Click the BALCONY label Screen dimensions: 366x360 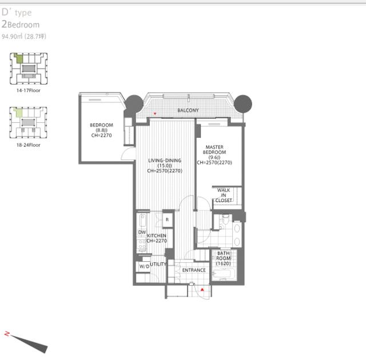[188, 110]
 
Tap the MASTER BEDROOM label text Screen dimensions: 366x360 [214, 150]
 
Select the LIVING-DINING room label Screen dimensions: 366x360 [165, 161]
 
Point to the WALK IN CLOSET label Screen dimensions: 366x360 [224, 195]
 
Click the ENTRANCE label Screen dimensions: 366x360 [194, 270]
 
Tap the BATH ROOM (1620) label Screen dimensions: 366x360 [224, 258]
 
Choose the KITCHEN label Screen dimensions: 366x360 [157, 235]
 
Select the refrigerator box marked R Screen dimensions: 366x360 [168, 219]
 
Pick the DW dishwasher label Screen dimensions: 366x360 [142, 232]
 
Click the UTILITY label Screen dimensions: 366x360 [158, 264]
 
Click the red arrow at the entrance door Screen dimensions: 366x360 [202, 290]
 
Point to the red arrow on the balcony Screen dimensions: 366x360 [155, 114]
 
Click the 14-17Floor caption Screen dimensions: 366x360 [29, 90]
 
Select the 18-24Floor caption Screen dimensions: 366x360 [29, 145]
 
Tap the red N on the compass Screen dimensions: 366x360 [7, 334]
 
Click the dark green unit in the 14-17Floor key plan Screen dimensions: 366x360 [19, 58]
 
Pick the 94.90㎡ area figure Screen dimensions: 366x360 [12, 37]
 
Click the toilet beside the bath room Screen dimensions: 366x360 [225, 219]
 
